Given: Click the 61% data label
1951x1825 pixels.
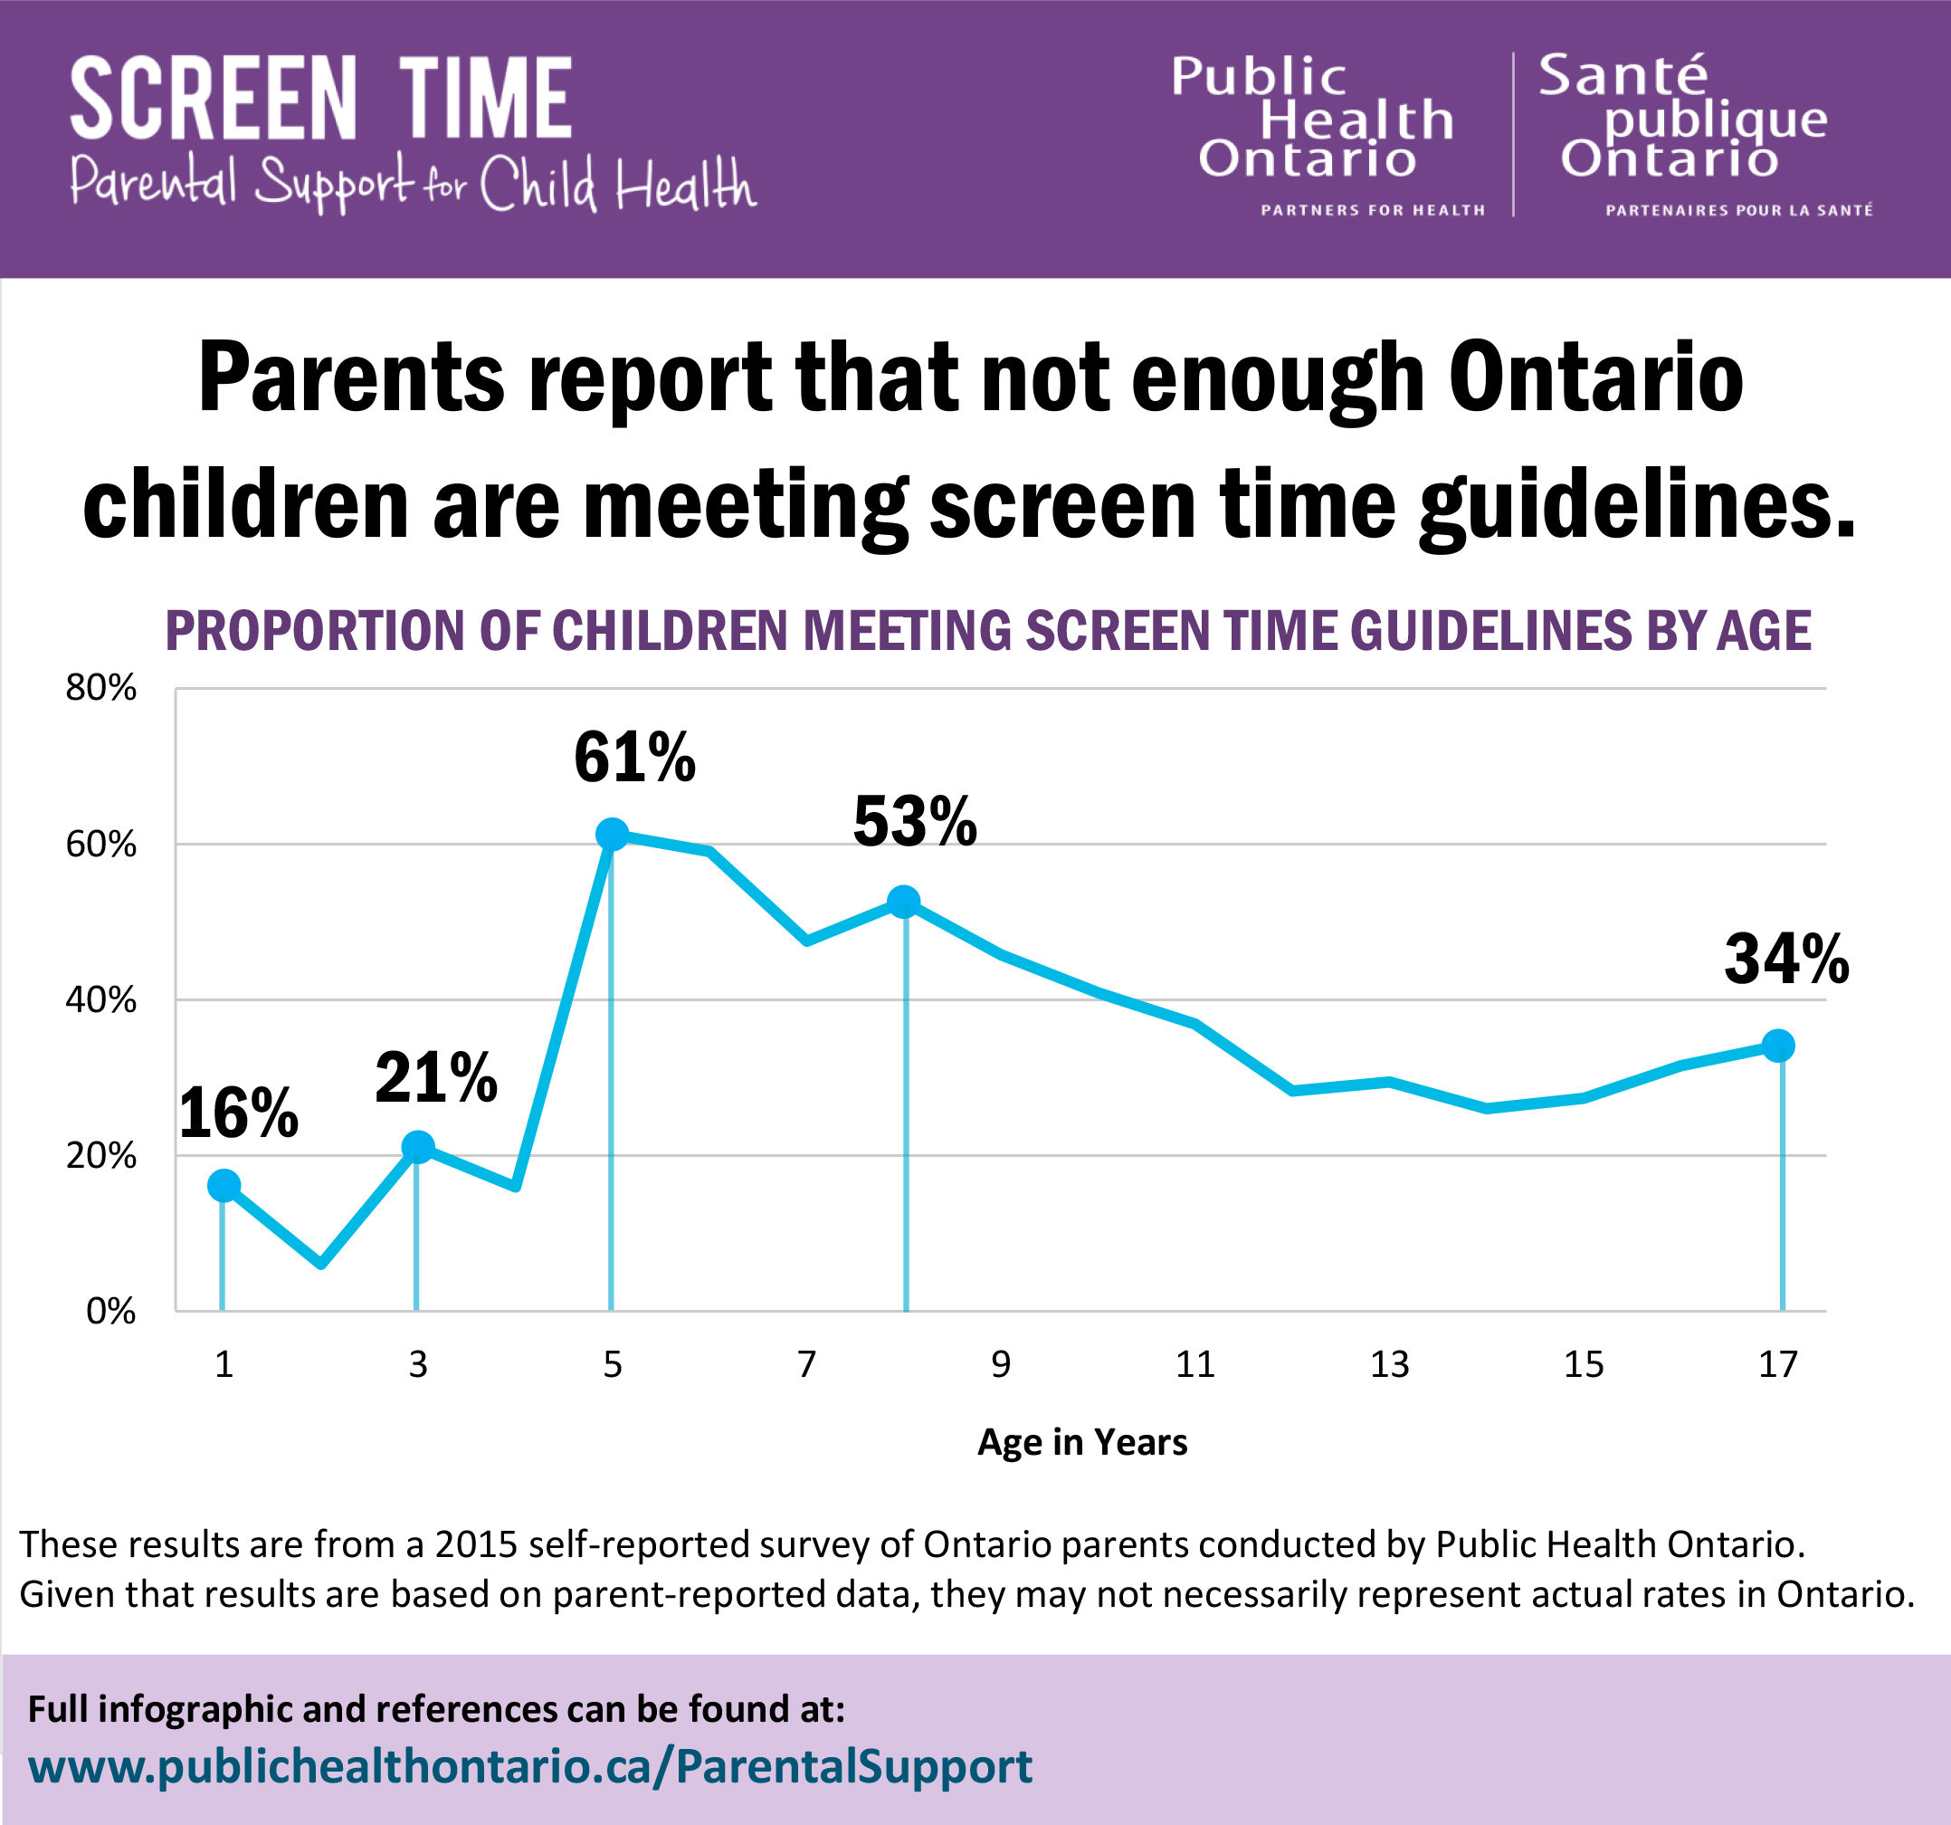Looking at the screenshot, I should (x=634, y=758).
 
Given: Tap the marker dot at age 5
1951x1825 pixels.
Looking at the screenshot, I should (x=612, y=835).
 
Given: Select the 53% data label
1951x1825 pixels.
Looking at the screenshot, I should (x=915, y=822).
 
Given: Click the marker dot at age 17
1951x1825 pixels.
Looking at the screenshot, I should (x=1778, y=1046).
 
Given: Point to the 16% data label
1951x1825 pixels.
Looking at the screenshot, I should (x=239, y=1114).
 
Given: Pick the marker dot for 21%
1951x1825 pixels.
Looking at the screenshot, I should (x=418, y=1147).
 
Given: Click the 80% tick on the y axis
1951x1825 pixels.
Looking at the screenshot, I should (x=100, y=688).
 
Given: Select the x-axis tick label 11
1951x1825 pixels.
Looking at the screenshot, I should (x=1194, y=1364).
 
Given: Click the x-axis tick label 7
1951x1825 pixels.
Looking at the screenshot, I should (x=805, y=1364).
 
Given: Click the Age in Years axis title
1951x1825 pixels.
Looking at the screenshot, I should (x=1081, y=1442).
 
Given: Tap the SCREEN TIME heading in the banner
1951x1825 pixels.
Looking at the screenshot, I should (x=321, y=98).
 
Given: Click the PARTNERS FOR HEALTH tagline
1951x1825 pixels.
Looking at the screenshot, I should (x=1372, y=210).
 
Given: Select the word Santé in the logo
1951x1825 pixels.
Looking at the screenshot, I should (x=1623, y=76).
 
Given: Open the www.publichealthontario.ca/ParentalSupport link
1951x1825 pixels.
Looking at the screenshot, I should (x=530, y=1766).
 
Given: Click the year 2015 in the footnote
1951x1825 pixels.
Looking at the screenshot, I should (x=475, y=1544).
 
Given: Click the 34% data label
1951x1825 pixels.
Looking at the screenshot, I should (x=1786, y=960).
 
